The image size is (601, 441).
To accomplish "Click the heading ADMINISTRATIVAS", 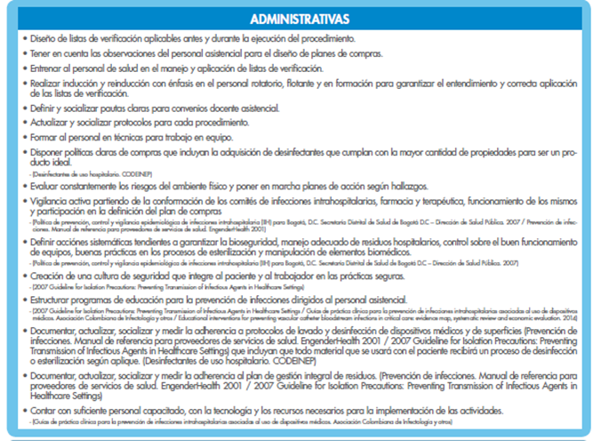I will point(299,19).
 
